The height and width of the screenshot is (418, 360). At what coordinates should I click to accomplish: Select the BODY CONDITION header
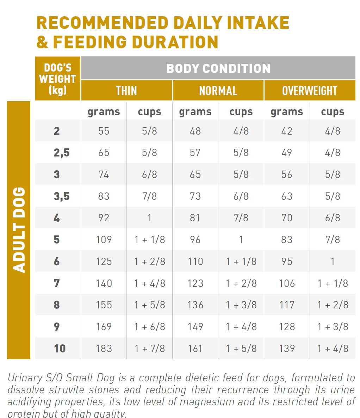tap(218, 68)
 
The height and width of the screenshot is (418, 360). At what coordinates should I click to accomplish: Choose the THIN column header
tap(126, 91)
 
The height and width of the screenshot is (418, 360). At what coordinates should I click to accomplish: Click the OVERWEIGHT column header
tap(310, 91)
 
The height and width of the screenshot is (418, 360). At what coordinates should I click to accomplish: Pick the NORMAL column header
tap(218, 91)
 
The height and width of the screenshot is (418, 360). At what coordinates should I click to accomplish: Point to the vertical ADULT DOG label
tap(19, 230)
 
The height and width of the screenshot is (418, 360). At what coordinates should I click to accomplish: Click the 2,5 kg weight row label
tap(61, 153)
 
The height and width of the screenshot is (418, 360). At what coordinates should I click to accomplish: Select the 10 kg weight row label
tap(60, 349)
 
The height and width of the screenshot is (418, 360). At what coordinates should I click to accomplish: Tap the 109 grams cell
tap(104, 240)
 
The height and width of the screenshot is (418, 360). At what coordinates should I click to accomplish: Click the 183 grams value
tap(104, 349)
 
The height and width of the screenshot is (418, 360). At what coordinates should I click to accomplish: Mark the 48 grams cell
tap(195, 131)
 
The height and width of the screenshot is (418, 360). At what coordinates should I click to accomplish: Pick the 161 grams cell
tap(195, 349)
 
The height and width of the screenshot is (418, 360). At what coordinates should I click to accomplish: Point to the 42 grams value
tap(287, 131)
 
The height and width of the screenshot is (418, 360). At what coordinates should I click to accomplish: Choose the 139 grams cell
tap(287, 349)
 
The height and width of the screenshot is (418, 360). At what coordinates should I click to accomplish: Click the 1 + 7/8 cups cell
tap(149, 349)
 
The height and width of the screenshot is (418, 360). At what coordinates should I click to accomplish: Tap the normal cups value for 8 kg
tap(241, 305)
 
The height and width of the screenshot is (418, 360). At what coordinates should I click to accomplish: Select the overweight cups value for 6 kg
tap(333, 262)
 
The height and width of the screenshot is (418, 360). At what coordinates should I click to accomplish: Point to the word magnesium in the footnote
tap(202, 402)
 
